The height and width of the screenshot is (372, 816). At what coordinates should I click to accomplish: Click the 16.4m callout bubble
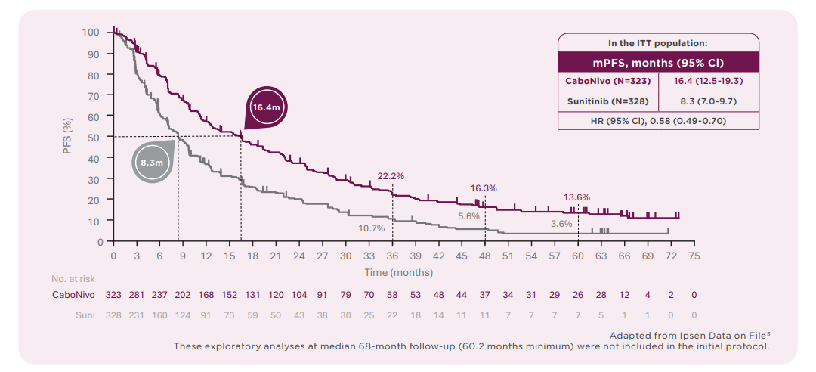point(266,108)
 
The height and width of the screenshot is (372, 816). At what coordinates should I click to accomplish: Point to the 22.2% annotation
point(391,176)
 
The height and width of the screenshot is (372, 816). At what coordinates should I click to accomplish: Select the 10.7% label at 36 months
point(372,228)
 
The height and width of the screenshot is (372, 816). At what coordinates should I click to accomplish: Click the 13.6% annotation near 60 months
point(576,197)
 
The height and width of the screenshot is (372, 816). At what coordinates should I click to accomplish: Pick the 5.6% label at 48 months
point(468,216)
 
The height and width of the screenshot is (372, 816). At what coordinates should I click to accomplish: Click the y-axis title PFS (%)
point(67,136)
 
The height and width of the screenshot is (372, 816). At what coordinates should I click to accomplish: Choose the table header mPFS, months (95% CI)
point(657,63)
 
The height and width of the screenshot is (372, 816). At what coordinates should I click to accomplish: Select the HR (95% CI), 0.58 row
point(657,120)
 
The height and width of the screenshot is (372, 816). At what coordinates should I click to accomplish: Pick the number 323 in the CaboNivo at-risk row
point(113,293)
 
